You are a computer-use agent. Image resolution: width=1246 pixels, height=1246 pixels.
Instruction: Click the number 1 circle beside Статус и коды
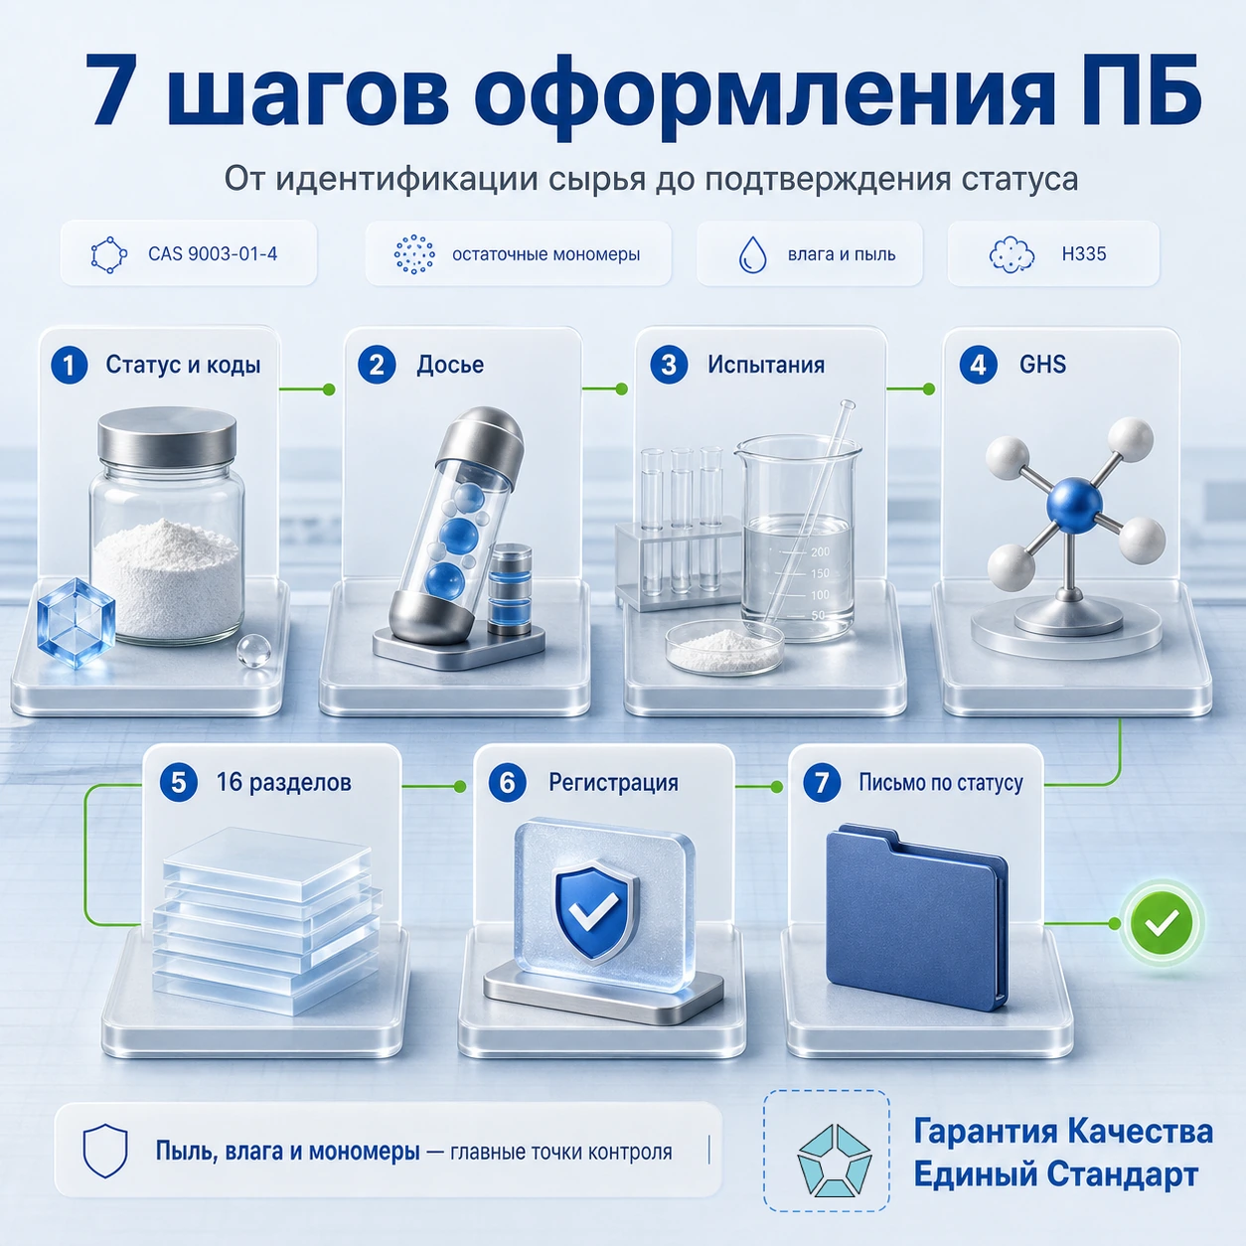70,366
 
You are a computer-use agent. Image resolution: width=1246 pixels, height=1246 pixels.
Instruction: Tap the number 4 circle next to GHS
978,366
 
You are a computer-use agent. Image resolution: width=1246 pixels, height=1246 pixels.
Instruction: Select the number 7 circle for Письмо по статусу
821,783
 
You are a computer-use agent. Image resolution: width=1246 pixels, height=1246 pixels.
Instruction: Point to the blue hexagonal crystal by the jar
77,622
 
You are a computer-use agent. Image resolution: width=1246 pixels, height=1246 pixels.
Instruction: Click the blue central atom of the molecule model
1074,506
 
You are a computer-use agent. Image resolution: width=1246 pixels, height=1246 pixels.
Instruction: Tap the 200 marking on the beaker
820,551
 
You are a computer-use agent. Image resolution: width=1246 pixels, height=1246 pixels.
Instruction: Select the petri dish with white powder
724,647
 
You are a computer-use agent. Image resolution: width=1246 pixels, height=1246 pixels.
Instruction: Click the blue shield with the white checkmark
596,913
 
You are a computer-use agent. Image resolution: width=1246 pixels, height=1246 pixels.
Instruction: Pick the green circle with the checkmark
1162,923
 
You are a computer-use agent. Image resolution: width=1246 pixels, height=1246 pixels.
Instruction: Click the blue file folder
917,915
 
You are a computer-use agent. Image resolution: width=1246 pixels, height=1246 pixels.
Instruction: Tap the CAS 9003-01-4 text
213,254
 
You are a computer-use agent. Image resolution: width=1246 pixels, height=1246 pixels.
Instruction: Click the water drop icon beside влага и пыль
752,254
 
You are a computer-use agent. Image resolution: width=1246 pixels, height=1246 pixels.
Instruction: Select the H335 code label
1084,254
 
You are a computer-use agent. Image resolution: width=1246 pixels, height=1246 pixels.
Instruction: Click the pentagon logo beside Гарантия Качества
834,1160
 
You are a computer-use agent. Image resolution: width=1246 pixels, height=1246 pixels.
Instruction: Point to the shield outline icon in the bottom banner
105,1152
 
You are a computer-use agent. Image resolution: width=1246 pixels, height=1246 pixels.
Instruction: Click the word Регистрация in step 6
614,783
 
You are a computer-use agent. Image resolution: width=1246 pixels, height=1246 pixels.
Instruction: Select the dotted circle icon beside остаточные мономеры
414,254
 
